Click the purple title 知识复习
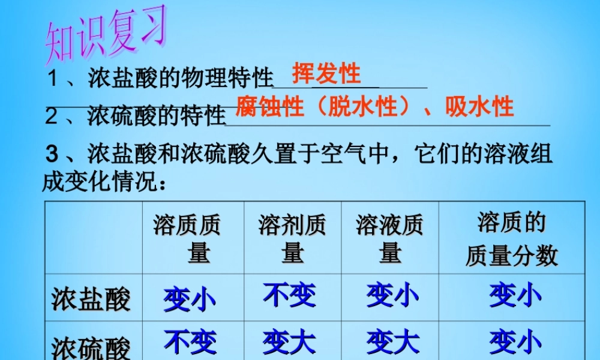pos(105,38)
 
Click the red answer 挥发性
pos(326,74)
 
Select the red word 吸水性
pos(479,107)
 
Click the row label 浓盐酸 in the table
pos(91,299)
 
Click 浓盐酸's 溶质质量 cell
pos(190,299)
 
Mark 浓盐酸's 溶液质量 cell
pos(392,296)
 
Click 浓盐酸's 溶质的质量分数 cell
pos(515,296)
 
